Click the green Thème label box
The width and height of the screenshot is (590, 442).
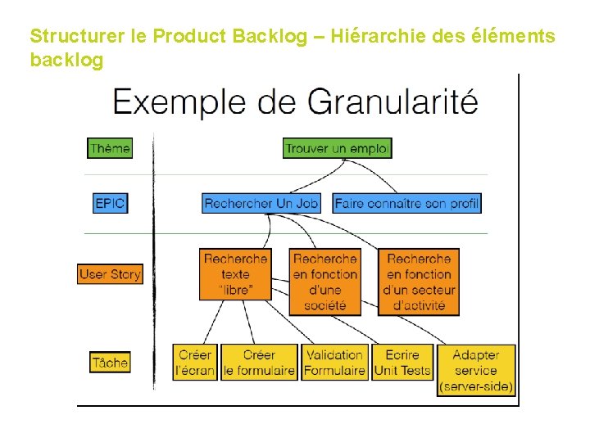click(109, 148)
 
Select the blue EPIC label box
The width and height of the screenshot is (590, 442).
click(111, 202)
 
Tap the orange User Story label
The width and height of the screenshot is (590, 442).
click(110, 273)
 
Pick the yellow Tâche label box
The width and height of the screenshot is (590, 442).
click(110, 362)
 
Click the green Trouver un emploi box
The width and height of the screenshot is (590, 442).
click(338, 148)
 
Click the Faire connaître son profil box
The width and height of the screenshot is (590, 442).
click(407, 202)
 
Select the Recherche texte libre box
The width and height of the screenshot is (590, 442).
click(235, 282)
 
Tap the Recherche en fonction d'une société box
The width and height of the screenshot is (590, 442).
click(325, 282)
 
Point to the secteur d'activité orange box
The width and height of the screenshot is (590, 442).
click(419, 282)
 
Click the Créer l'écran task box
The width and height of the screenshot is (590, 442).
click(194, 363)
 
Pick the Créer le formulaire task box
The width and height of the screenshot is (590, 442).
click(259, 363)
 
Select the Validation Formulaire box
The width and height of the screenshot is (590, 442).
click(334, 363)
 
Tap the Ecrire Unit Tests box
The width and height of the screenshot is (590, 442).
click(402, 363)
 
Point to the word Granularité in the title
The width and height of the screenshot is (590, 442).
click(393, 103)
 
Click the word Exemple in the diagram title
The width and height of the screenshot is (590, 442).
click(179, 103)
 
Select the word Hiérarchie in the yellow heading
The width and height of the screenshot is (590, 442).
click(366, 37)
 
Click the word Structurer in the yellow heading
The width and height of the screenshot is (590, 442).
click(77, 37)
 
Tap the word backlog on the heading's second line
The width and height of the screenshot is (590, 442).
click(66, 61)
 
